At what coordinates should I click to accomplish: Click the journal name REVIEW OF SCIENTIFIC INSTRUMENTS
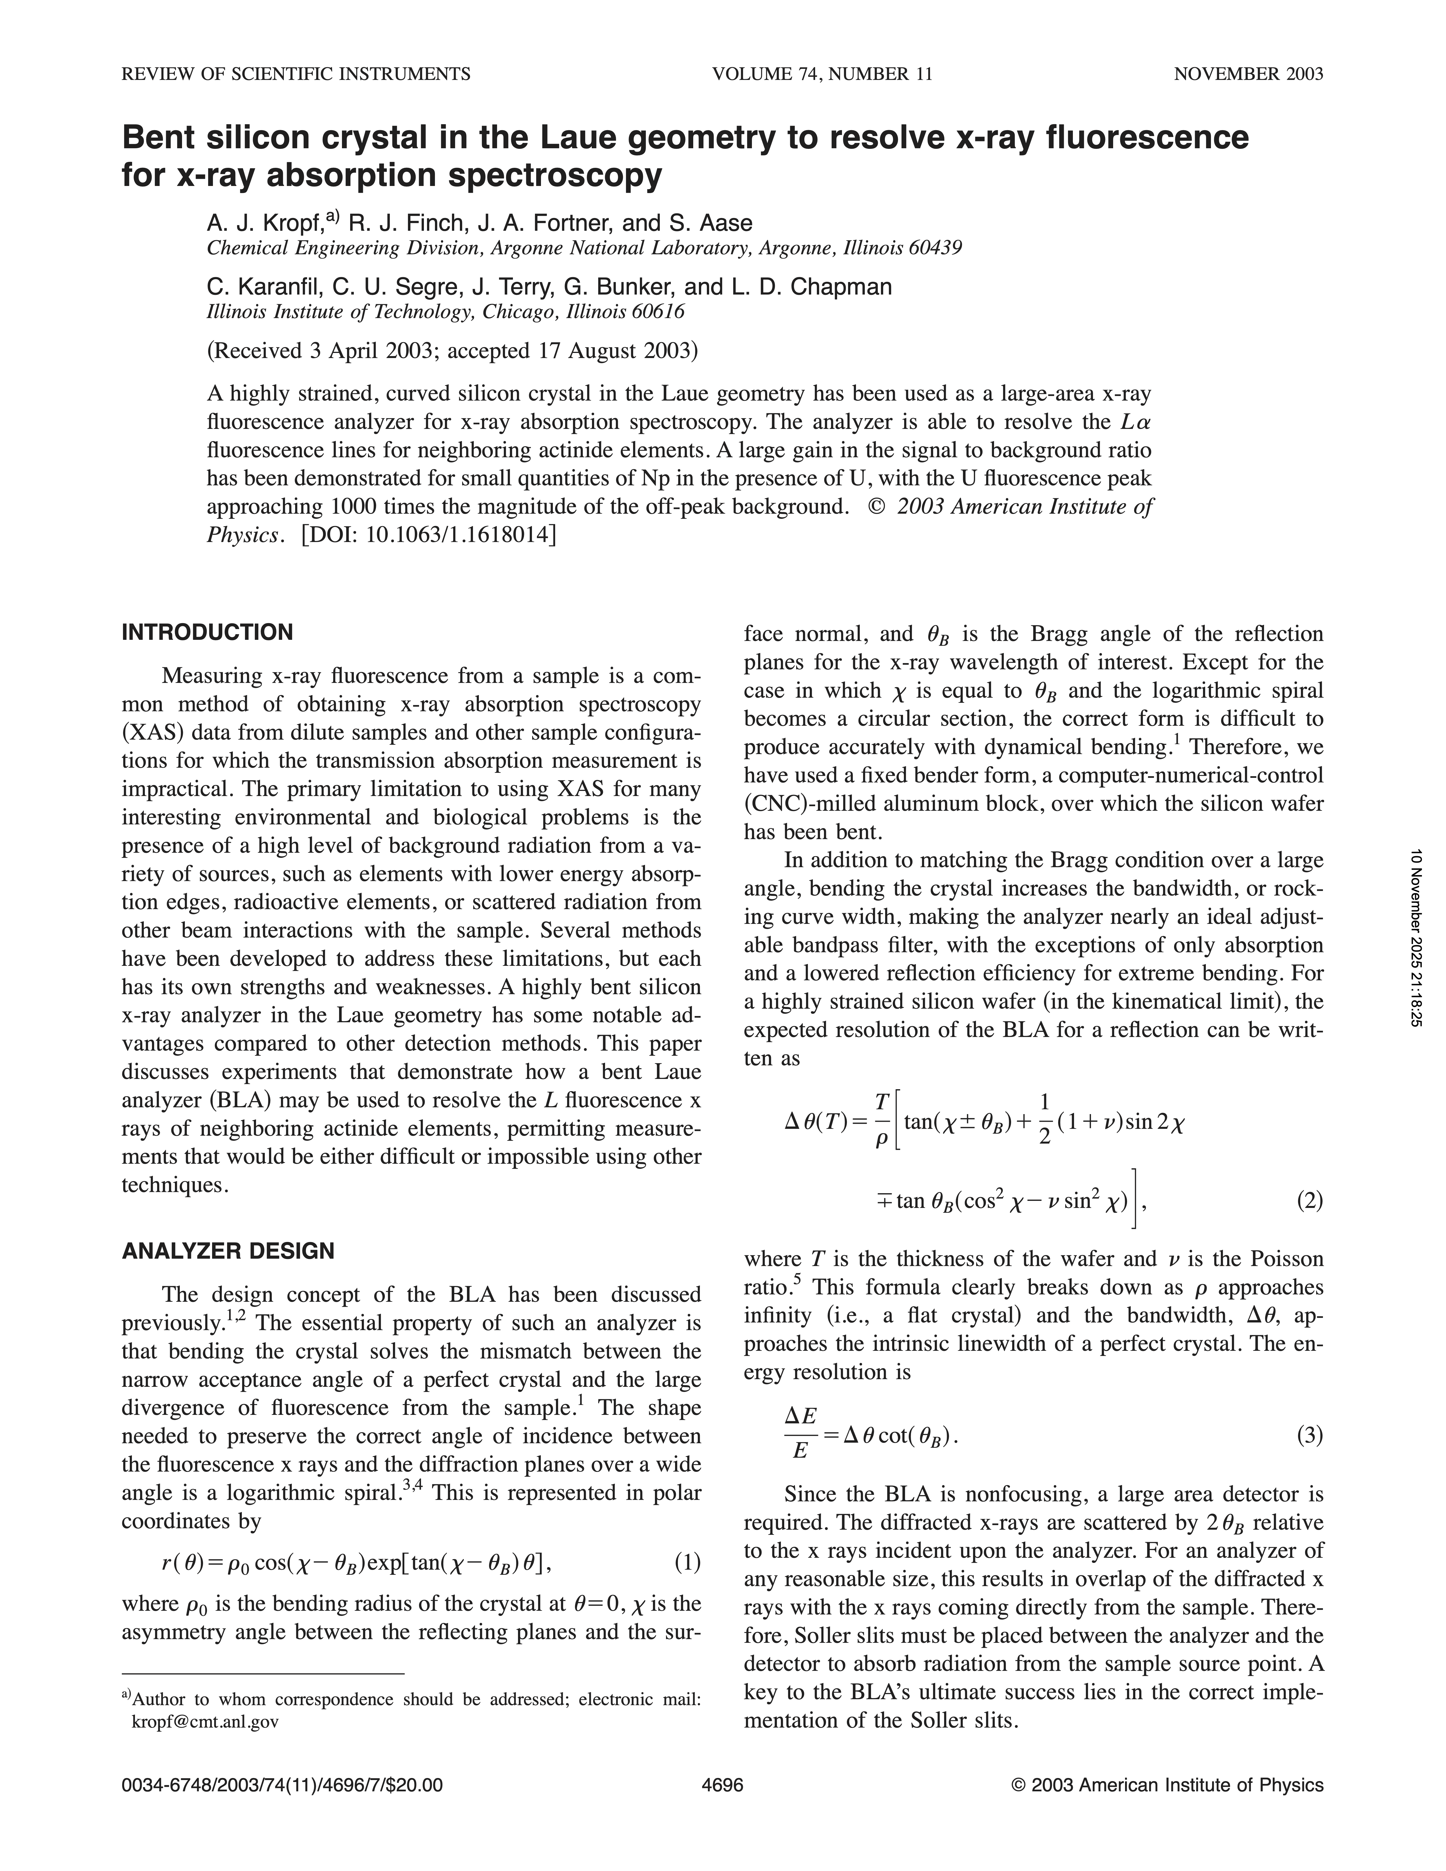point(296,74)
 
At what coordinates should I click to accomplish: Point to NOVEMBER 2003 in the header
point(1248,74)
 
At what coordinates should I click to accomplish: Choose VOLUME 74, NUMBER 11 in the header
point(821,74)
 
